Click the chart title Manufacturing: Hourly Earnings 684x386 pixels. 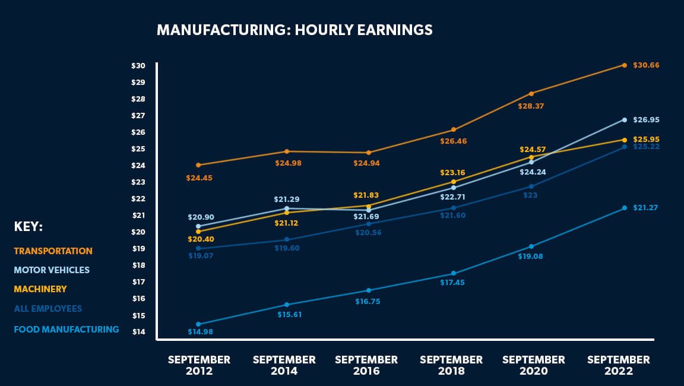294,30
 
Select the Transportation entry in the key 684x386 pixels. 53,251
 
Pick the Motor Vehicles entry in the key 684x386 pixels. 52,270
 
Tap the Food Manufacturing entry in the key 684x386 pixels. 66,330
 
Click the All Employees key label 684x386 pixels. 48,309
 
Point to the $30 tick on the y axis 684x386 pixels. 138,66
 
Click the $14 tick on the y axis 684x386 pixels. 138,332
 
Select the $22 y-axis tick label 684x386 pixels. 138,199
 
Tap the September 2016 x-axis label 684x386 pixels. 366,365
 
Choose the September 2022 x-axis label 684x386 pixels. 619,365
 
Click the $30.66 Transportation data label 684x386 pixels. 646,65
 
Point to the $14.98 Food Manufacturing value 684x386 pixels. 200,332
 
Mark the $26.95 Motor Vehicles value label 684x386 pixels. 646,120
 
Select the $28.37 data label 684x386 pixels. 531,106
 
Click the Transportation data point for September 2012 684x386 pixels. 198,165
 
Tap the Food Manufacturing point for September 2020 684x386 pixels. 531,246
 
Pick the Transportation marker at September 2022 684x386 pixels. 625,65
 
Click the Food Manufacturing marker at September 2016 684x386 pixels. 369,290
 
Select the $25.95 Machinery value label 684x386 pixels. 646,139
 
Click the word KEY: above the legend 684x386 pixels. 28,227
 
